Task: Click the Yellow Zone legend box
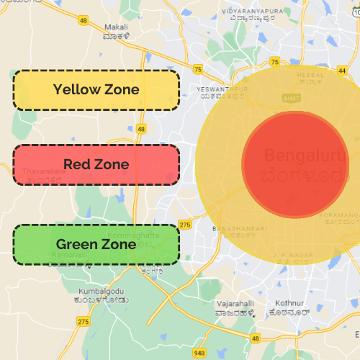coord(96,90)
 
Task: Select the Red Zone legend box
coord(96,165)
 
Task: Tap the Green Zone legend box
coord(96,245)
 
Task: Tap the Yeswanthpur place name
coord(222,89)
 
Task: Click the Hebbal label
coord(311,73)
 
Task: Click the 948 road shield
coord(199,354)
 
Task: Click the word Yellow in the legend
coord(76,90)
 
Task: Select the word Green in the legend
coord(76,245)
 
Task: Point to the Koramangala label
coord(342,215)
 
